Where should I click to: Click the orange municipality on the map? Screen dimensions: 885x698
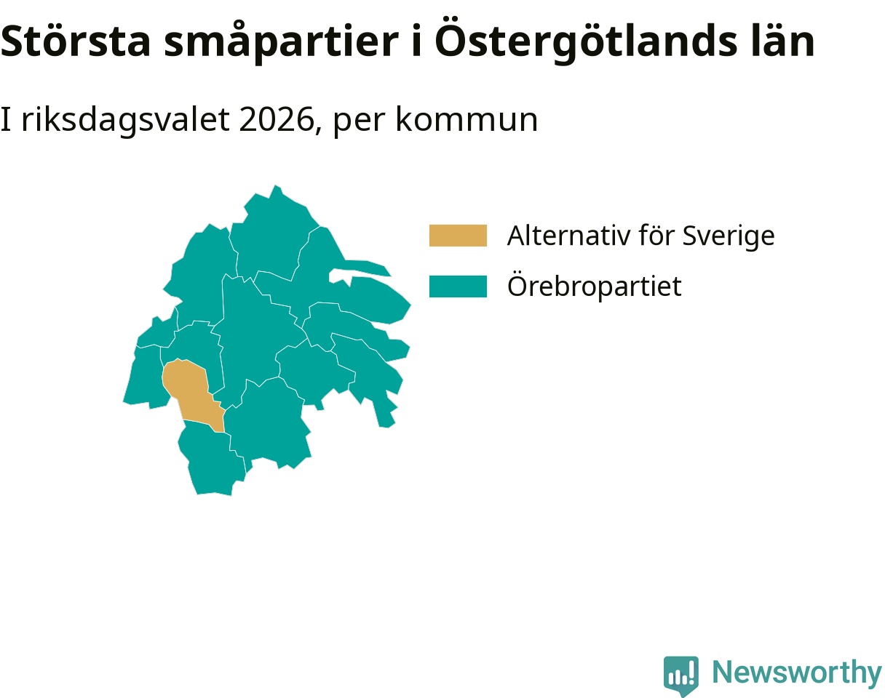coord(191,393)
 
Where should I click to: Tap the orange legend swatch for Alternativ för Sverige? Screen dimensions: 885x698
coord(458,236)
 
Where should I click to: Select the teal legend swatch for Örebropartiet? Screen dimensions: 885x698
coord(458,286)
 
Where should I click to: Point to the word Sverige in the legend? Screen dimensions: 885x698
coord(729,236)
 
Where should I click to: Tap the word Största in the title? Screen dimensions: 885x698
coord(75,41)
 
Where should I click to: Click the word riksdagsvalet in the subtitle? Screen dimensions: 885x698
coord(125,120)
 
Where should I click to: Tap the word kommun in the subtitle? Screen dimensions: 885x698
coord(467,120)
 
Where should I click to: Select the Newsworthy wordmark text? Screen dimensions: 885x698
coord(798,673)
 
